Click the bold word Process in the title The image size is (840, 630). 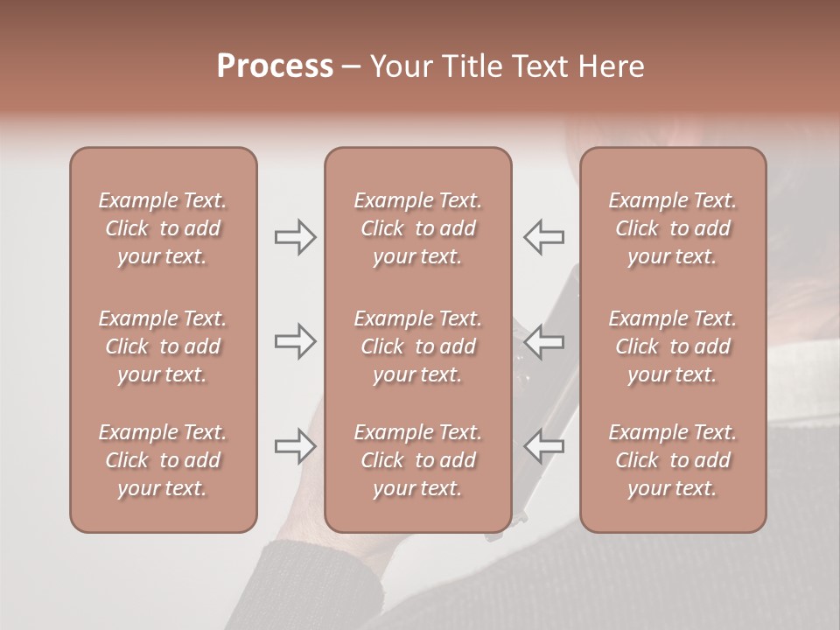tap(275, 66)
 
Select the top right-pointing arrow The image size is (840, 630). tap(296, 237)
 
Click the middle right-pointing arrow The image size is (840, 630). tap(296, 341)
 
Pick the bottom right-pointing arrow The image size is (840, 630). tap(296, 447)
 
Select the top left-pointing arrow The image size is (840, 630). tap(544, 237)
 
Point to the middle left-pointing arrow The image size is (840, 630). tap(544, 341)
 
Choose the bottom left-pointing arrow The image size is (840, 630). tap(544, 447)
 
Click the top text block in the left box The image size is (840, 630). tap(163, 228)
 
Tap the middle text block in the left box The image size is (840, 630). tap(163, 346)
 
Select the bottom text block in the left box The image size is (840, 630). tap(163, 460)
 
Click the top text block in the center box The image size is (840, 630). tap(417, 228)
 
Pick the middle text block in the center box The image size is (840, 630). tap(417, 346)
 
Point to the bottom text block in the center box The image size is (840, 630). tap(417, 460)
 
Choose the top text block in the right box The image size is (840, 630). tap(672, 228)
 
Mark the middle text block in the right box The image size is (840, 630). tap(672, 346)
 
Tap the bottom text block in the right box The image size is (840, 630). tap(672, 460)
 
